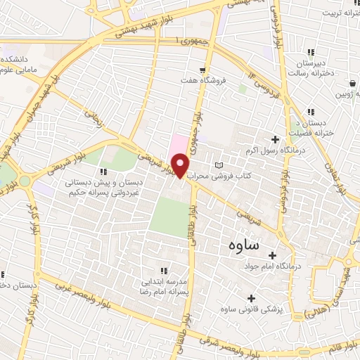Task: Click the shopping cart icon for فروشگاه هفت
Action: click(202, 69)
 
